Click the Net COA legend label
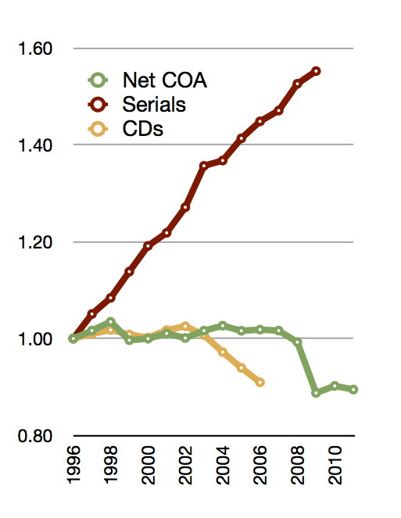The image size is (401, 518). [x=165, y=80]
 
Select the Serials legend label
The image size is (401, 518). [x=154, y=105]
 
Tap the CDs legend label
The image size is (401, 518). [x=143, y=128]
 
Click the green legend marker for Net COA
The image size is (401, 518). [x=98, y=80]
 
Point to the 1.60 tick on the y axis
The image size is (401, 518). [x=35, y=48]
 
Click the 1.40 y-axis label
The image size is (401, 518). [x=35, y=145]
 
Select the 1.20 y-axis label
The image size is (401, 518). [x=35, y=242]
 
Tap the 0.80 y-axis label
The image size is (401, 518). [x=35, y=436]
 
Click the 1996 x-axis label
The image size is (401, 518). [x=73, y=465]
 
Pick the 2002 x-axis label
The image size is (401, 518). [x=185, y=465]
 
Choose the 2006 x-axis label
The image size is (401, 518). [x=260, y=465]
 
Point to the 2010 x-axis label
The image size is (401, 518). [x=335, y=465]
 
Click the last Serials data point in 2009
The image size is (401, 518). [x=317, y=71]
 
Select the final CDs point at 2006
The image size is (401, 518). [x=260, y=383]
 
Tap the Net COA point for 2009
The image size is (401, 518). [x=316, y=393]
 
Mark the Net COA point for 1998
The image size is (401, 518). [x=111, y=321]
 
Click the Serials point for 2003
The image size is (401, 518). [x=204, y=165]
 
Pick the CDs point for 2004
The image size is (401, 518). [x=223, y=352]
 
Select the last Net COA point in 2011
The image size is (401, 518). [x=353, y=390]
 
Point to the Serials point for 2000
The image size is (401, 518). [x=148, y=246]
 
